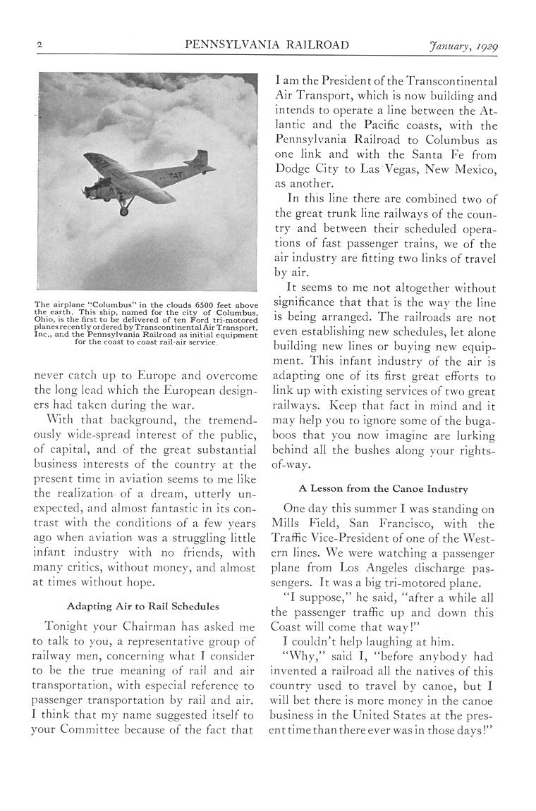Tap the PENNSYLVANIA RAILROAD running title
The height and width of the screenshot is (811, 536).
(x=267, y=46)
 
